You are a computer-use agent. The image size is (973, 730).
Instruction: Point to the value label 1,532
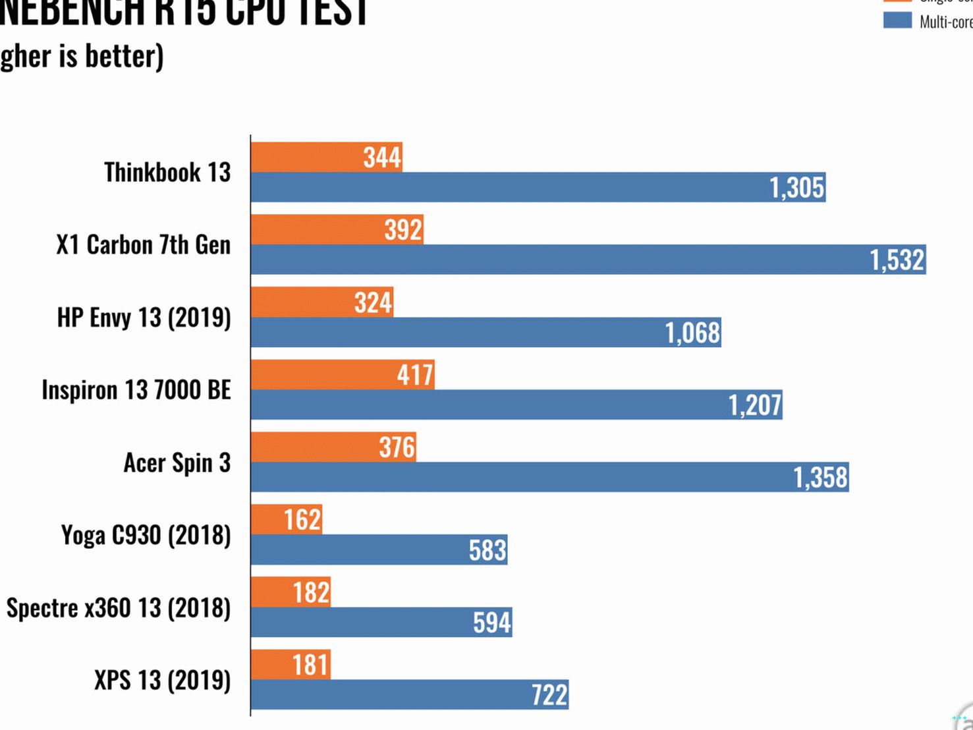click(897, 260)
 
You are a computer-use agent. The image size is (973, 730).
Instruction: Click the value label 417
click(415, 375)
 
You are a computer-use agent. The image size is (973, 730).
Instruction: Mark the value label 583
click(487, 549)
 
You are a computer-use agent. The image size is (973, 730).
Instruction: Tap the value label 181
click(310, 664)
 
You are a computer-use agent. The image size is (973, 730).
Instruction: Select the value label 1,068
click(692, 332)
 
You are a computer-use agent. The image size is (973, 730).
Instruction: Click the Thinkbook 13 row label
click(167, 172)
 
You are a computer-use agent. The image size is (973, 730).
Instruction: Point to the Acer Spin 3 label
click(177, 463)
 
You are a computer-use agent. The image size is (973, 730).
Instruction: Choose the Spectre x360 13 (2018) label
click(119, 607)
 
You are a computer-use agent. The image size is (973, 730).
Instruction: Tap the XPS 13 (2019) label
click(162, 680)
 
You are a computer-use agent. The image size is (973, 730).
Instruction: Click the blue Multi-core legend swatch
click(897, 20)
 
